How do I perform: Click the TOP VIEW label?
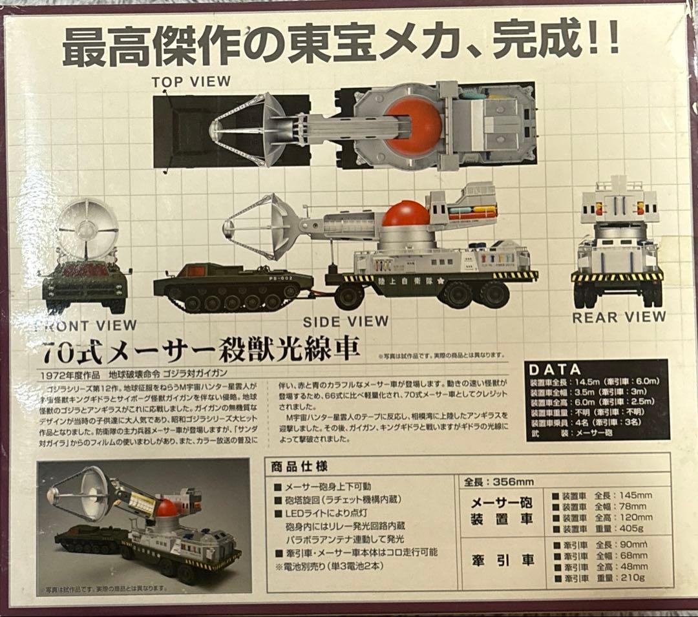(x=191, y=81)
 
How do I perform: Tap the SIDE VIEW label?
(x=346, y=321)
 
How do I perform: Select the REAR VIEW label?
(x=619, y=317)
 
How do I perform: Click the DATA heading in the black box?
(x=555, y=370)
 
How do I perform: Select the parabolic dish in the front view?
(x=87, y=229)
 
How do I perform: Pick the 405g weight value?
(x=634, y=529)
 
